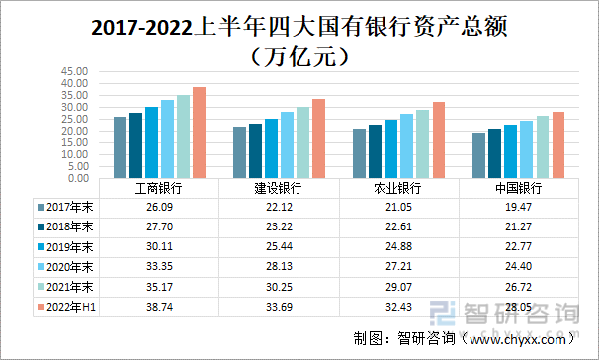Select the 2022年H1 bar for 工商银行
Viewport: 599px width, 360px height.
(199, 133)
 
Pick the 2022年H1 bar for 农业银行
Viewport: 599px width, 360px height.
(439, 139)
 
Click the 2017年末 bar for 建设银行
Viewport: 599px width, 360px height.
(239, 152)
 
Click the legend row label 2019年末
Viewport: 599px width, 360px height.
(68, 246)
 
